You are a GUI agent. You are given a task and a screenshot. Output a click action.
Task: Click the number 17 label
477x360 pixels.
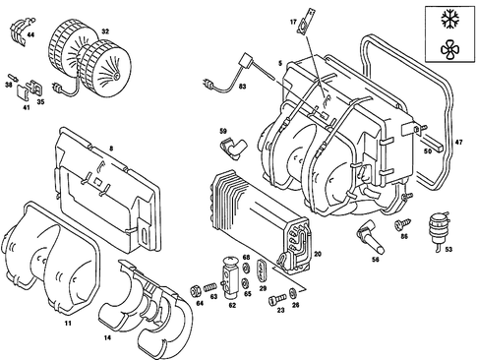pyautogui.click(x=291, y=21)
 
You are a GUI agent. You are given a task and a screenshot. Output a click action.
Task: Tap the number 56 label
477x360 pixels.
pyautogui.click(x=375, y=261)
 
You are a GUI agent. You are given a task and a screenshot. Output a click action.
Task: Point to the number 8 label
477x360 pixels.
pyautogui.click(x=111, y=149)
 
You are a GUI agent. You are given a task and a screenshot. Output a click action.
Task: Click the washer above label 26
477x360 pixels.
pyautogui.click(x=293, y=294)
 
